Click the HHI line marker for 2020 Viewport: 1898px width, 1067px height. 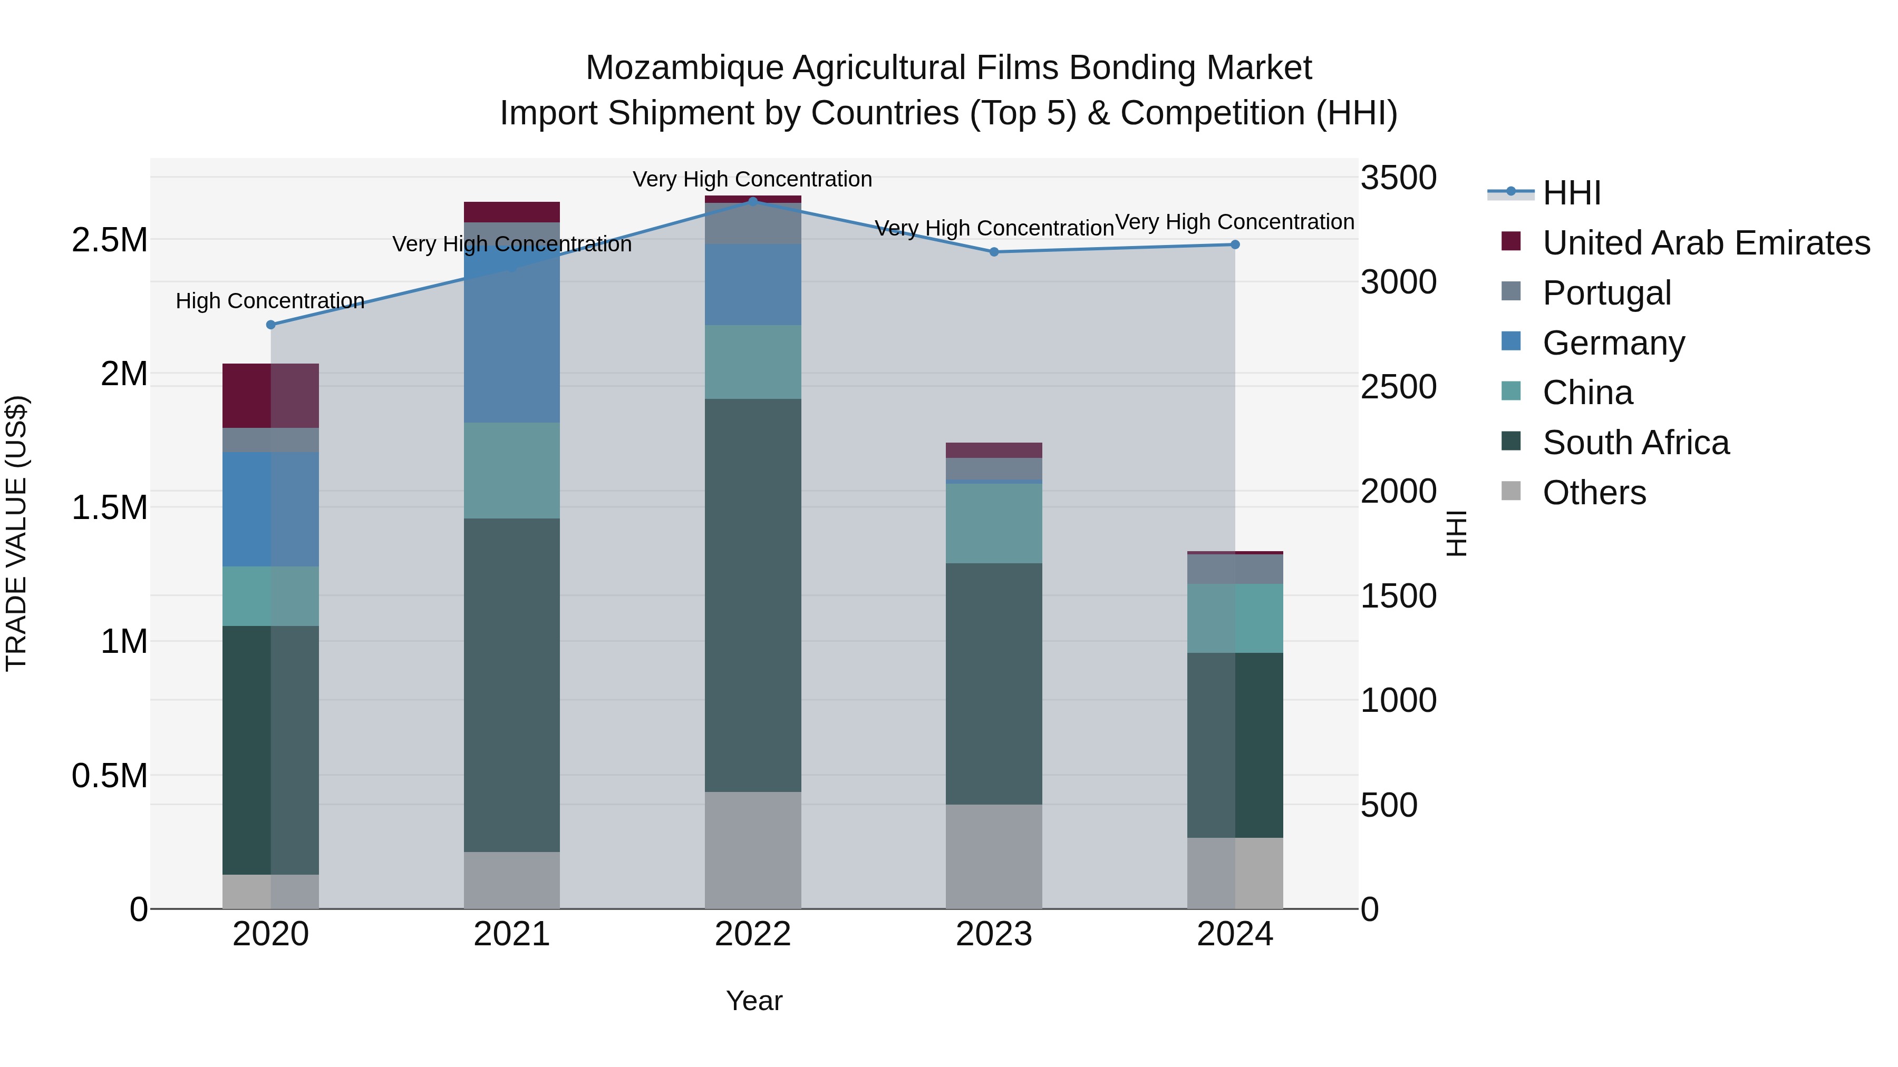point(270,325)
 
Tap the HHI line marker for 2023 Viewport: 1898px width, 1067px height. point(993,252)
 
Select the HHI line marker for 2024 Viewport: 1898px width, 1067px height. point(1235,244)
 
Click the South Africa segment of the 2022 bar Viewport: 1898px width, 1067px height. point(752,595)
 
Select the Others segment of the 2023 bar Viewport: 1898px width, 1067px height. point(993,856)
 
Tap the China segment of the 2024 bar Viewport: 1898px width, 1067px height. point(1235,618)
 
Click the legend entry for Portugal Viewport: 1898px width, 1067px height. point(1606,293)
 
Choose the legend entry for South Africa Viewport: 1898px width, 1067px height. point(1635,443)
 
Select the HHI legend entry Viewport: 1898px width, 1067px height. point(1571,193)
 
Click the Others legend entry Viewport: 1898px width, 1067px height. point(1594,493)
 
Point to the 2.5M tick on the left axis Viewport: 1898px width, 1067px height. point(109,241)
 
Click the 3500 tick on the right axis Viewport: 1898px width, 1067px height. point(1398,178)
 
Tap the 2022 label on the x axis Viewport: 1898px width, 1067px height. point(752,934)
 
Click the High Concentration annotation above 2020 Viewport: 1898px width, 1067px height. point(269,301)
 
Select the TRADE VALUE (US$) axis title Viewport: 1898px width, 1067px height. point(16,533)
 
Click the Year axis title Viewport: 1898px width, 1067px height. point(754,1001)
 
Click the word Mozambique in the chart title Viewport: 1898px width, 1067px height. point(684,68)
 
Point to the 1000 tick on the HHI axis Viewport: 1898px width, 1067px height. point(1398,700)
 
